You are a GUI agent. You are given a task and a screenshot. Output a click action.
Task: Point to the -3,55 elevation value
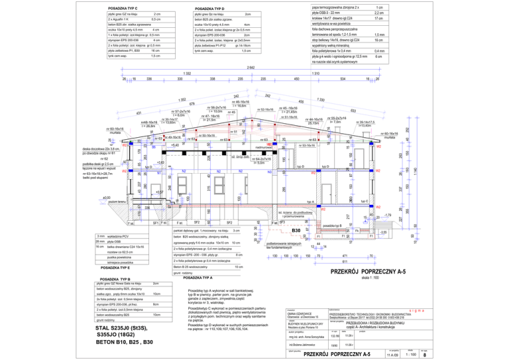click(x=382, y=232)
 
